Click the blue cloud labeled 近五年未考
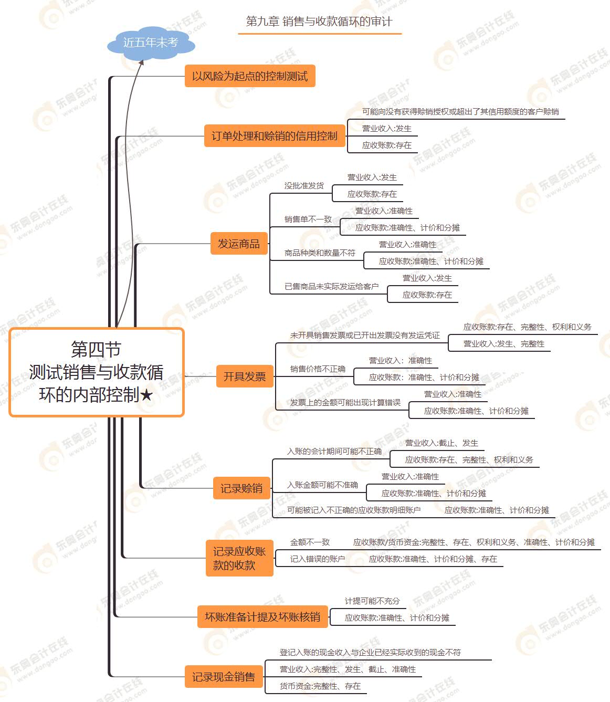[x=151, y=43]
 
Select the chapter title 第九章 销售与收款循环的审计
[x=319, y=22]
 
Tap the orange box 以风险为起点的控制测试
[x=249, y=76]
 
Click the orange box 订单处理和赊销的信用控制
[x=274, y=136]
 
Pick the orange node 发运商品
[x=239, y=244]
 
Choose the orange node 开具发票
[x=245, y=376]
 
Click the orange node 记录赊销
[x=241, y=488]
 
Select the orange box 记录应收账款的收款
[x=239, y=558]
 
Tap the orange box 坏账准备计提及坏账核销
[x=262, y=617]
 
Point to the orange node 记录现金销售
[x=223, y=677]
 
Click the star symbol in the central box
[x=146, y=395]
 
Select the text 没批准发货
[x=304, y=186]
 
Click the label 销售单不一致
[x=308, y=219]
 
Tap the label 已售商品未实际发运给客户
[x=331, y=287]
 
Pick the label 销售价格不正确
[x=318, y=369]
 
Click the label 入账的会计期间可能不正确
[x=334, y=452]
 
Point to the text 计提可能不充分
[x=372, y=601]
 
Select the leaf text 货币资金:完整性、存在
[x=320, y=686]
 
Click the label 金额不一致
[x=310, y=542]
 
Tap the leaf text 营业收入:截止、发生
[x=441, y=443]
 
